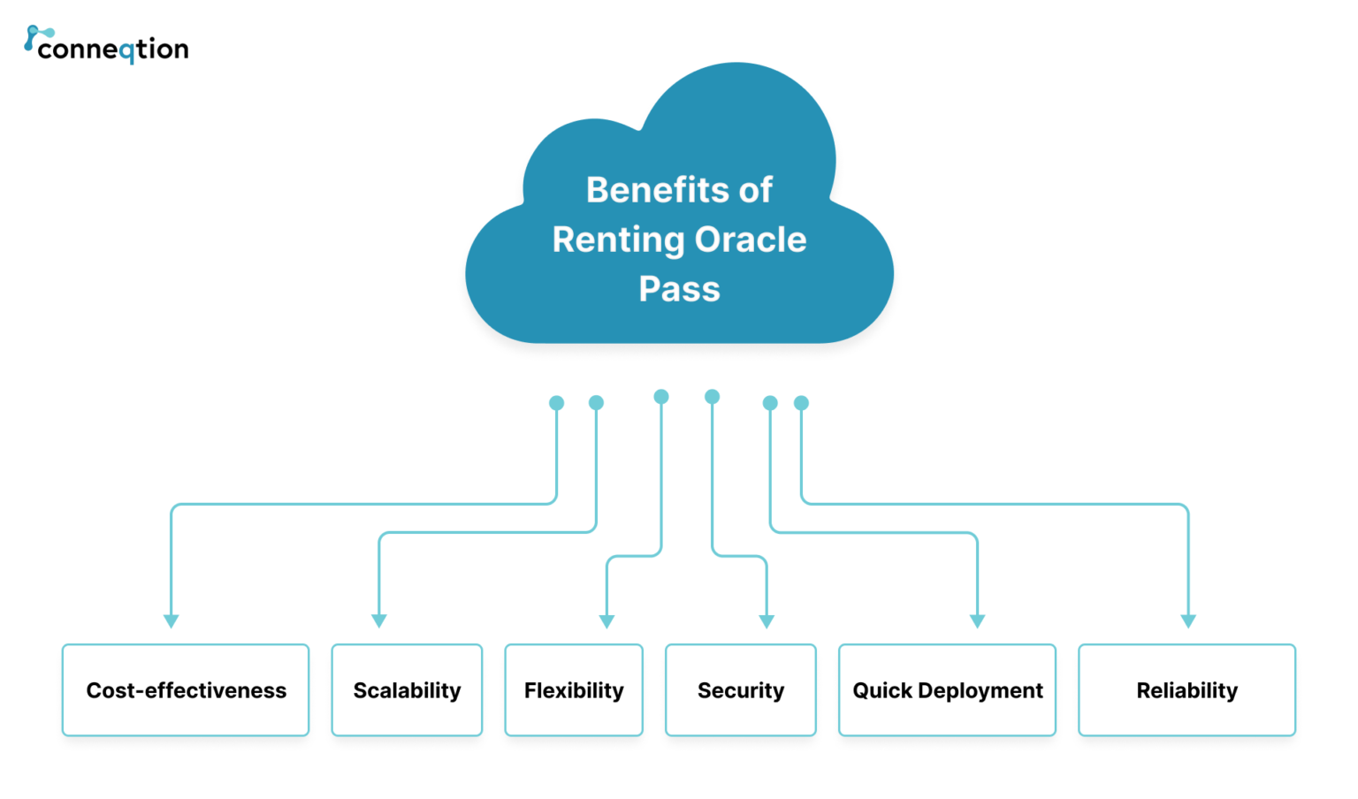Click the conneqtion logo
coord(106,45)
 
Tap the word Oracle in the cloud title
coord(750,240)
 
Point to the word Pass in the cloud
coord(679,289)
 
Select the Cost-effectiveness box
coord(186,690)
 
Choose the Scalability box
coord(407,690)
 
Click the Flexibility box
coord(574,690)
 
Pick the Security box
coord(741,690)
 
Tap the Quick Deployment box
coord(947,690)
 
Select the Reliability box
coord(1186,690)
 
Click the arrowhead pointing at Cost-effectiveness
coord(172,621)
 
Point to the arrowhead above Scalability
coord(379,621)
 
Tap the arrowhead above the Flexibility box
coord(607,621)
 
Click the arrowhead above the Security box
coord(767,621)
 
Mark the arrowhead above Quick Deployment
coord(977,621)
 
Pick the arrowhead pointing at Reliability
coord(1188,621)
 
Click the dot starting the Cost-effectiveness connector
coord(556,403)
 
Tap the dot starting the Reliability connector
coord(801,403)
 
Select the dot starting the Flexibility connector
coord(661,397)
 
